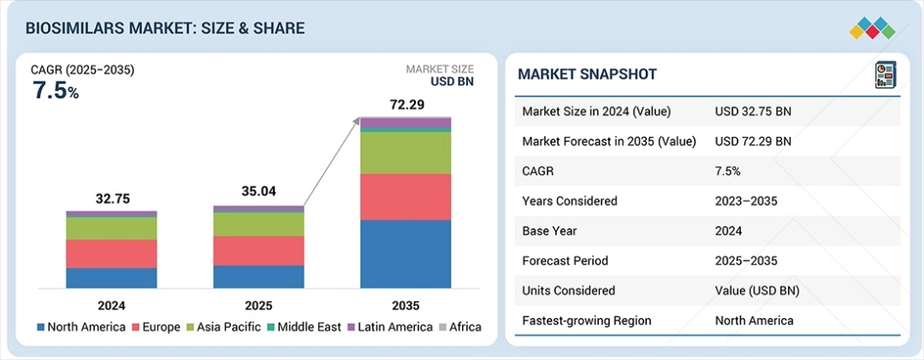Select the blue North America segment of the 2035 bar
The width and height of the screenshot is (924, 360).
tap(406, 254)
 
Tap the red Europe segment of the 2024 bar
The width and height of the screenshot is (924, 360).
tap(111, 254)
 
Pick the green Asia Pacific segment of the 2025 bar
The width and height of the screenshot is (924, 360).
tap(258, 224)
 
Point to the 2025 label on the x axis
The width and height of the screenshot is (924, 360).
tap(258, 304)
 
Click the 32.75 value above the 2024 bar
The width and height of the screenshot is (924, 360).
tap(112, 198)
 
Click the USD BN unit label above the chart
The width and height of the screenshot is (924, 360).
tap(452, 83)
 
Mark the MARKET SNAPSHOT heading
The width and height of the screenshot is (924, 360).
tap(587, 74)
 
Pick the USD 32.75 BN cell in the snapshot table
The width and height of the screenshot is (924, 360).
tap(753, 111)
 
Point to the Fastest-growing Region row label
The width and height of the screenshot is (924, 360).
tap(586, 321)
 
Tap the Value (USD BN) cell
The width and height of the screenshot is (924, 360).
tap(757, 291)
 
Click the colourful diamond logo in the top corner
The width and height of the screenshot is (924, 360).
tap(872, 27)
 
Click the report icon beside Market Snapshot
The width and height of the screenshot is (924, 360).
tap(885, 74)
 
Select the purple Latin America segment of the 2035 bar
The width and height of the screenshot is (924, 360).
tap(406, 123)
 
